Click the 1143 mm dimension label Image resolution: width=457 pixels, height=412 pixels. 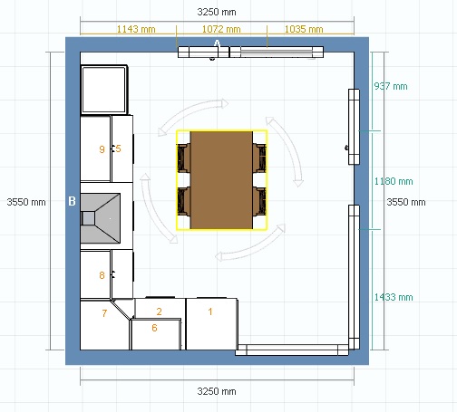(x=136, y=29)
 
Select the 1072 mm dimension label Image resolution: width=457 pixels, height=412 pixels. (x=221, y=29)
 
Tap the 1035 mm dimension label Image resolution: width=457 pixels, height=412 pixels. (x=304, y=29)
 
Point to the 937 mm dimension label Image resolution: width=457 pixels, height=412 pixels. (x=391, y=86)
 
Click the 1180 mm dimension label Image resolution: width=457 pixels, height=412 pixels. (x=394, y=181)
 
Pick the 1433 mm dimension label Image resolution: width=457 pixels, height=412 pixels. (x=394, y=297)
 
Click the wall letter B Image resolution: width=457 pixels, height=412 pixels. (x=72, y=201)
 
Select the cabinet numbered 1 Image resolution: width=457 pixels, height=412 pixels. (x=211, y=324)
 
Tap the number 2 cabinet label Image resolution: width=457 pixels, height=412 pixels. (x=160, y=311)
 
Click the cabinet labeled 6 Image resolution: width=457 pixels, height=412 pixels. (x=156, y=334)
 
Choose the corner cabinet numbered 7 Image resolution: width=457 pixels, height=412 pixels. (x=104, y=325)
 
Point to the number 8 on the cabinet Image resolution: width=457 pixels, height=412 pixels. (x=102, y=275)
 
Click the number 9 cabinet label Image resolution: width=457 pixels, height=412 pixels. (x=102, y=149)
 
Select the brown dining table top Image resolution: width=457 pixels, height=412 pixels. (x=221, y=180)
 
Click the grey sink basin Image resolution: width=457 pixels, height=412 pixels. (x=101, y=218)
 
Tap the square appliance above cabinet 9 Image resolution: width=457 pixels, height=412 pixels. (x=103, y=90)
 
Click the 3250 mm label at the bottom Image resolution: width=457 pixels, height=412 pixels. (x=217, y=391)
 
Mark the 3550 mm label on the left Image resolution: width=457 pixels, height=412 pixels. (x=26, y=202)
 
